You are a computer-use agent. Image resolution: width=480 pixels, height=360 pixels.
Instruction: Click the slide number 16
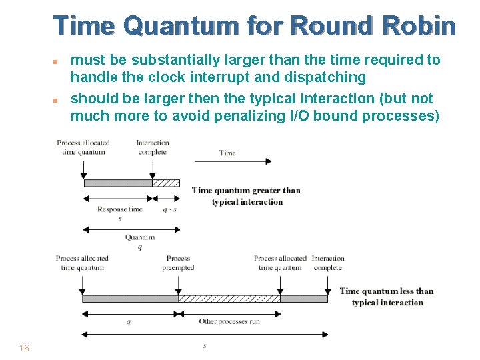pyautogui.click(x=24, y=348)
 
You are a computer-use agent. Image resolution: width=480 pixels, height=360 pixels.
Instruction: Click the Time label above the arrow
pyautogui.click(x=227, y=153)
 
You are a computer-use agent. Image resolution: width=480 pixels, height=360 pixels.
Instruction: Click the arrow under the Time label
pyautogui.click(x=233, y=161)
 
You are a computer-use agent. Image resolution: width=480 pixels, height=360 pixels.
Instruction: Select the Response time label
pyautogui.click(x=120, y=209)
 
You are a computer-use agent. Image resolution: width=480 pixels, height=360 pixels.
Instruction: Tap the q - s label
pyautogui.click(x=170, y=209)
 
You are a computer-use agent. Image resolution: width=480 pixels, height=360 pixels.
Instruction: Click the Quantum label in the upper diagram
pyautogui.click(x=139, y=237)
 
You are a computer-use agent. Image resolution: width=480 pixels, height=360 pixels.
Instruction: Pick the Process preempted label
pyautogui.click(x=178, y=263)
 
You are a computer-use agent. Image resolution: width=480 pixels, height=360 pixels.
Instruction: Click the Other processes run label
pyautogui.click(x=229, y=322)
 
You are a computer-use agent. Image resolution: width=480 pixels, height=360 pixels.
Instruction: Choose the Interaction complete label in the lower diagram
pyautogui.click(x=328, y=263)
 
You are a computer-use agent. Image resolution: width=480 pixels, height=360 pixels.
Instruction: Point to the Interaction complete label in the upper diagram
pyautogui.click(x=153, y=147)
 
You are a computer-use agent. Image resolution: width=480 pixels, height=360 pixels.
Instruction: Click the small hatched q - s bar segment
pyautogui.click(x=166, y=183)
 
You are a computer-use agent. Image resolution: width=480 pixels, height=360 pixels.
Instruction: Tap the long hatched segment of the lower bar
pyautogui.click(x=229, y=299)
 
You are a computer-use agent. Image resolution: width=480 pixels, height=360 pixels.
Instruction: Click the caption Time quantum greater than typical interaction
pyautogui.click(x=246, y=196)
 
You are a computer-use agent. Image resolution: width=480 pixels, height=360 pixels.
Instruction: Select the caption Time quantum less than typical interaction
pyautogui.click(x=387, y=297)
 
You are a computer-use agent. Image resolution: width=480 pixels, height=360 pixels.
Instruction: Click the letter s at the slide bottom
pyautogui.click(x=205, y=345)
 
